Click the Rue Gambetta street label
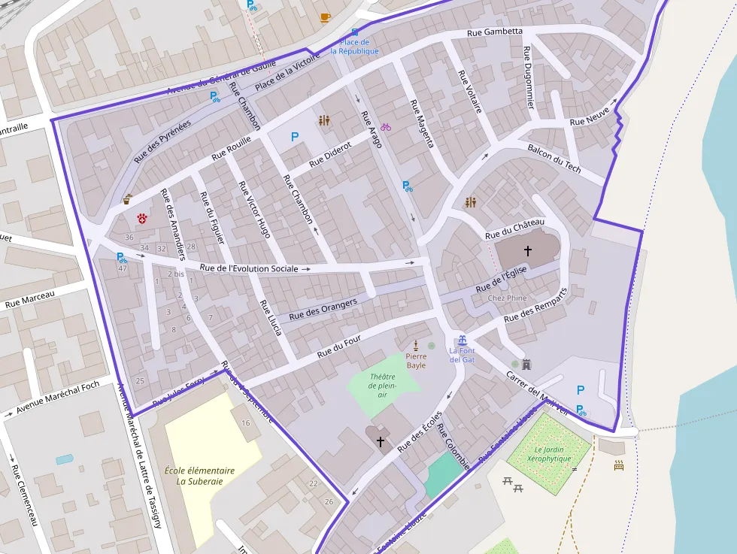click(x=494, y=32)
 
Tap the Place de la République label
click(x=355, y=47)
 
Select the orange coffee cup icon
click(x=325, y=17)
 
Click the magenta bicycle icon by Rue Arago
click(x=386, y=127)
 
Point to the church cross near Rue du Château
click(x=528, y=250)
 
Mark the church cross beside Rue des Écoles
click(x=381, y=441)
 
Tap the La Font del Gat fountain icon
click(x=463, y=340)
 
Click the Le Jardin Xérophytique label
click(x=554, y=454)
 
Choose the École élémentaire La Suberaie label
click(x=199, y=476)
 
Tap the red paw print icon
click(x=141, y=219)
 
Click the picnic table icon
click(x=514, y=484)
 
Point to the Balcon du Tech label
click(x=554, y=159)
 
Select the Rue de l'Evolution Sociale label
click(x=250, y=268)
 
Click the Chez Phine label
click(x=507, y=298)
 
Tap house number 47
click(x=123, y=268)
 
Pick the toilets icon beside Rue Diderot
click(x=324, y=120)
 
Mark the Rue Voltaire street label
click(x=469, y=92)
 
